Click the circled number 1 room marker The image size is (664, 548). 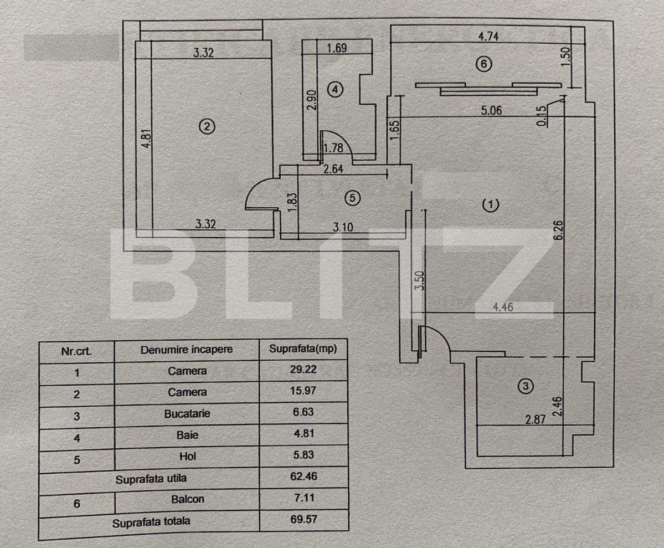coord(491,204)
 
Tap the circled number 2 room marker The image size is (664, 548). coord(207,126)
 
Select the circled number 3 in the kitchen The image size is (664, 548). coord(526,386)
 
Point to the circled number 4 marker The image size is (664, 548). coord(336,89)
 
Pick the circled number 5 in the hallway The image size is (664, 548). coord(352,198)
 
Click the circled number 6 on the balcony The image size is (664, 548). coord(483,64)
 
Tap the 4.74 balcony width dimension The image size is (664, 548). coord(488,36)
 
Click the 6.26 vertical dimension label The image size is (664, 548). coord(558,231)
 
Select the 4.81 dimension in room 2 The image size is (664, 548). coord(146,138)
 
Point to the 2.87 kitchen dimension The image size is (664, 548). coord(536,419)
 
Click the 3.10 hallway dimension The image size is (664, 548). coord(343,227)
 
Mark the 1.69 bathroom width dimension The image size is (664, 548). coord(337,48)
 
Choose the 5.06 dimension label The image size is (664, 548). coord(491,111)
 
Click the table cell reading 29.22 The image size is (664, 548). coord(303,369)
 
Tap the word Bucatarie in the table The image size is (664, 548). coord(187,414)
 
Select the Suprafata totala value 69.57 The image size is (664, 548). coord(303,519)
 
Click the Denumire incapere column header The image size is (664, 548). coord(187,350)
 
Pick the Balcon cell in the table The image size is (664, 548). coord(188,499)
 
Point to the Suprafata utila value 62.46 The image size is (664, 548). coord(303,477)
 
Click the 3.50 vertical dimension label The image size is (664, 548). coord(419,280)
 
